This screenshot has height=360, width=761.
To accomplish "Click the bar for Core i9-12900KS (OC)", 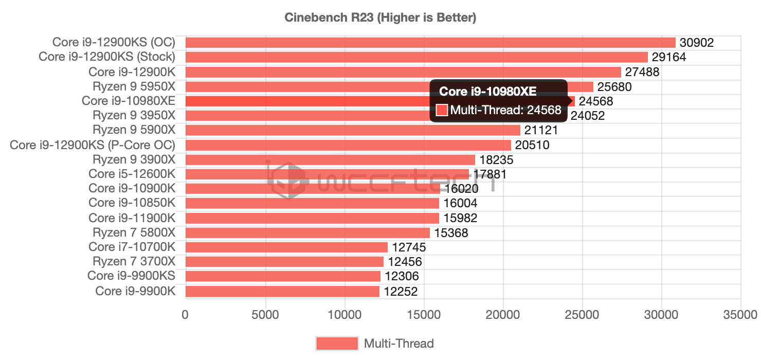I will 430,42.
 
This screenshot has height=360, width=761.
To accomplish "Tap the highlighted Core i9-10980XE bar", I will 309,101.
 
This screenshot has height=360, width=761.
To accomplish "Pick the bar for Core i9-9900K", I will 282,291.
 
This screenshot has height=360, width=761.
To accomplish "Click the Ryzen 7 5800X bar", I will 307,233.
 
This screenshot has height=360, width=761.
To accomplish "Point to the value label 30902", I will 697,43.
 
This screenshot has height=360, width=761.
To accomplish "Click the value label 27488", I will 642,72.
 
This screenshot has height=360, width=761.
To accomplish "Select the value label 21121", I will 541,131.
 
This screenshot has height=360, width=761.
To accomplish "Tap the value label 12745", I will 409,247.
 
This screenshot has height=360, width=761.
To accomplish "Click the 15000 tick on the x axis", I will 423,315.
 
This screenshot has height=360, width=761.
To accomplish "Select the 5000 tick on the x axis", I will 264,315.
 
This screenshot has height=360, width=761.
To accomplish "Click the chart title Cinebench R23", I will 380,18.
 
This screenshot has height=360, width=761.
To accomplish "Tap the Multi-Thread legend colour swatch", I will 337,343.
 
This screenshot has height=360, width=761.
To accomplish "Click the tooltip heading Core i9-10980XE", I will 487,92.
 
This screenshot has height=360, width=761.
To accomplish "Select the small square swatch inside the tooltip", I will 442,110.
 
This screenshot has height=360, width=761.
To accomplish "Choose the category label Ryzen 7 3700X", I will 134,262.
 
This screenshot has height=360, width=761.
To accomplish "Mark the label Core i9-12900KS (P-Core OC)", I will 93,145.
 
